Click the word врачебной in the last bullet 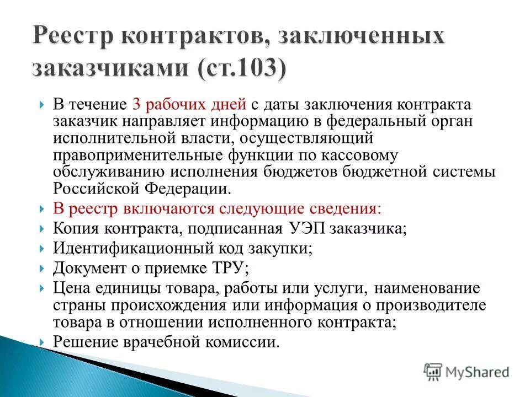click(163, 342)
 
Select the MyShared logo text click(477, 372)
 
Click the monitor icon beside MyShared click(433, 372)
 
